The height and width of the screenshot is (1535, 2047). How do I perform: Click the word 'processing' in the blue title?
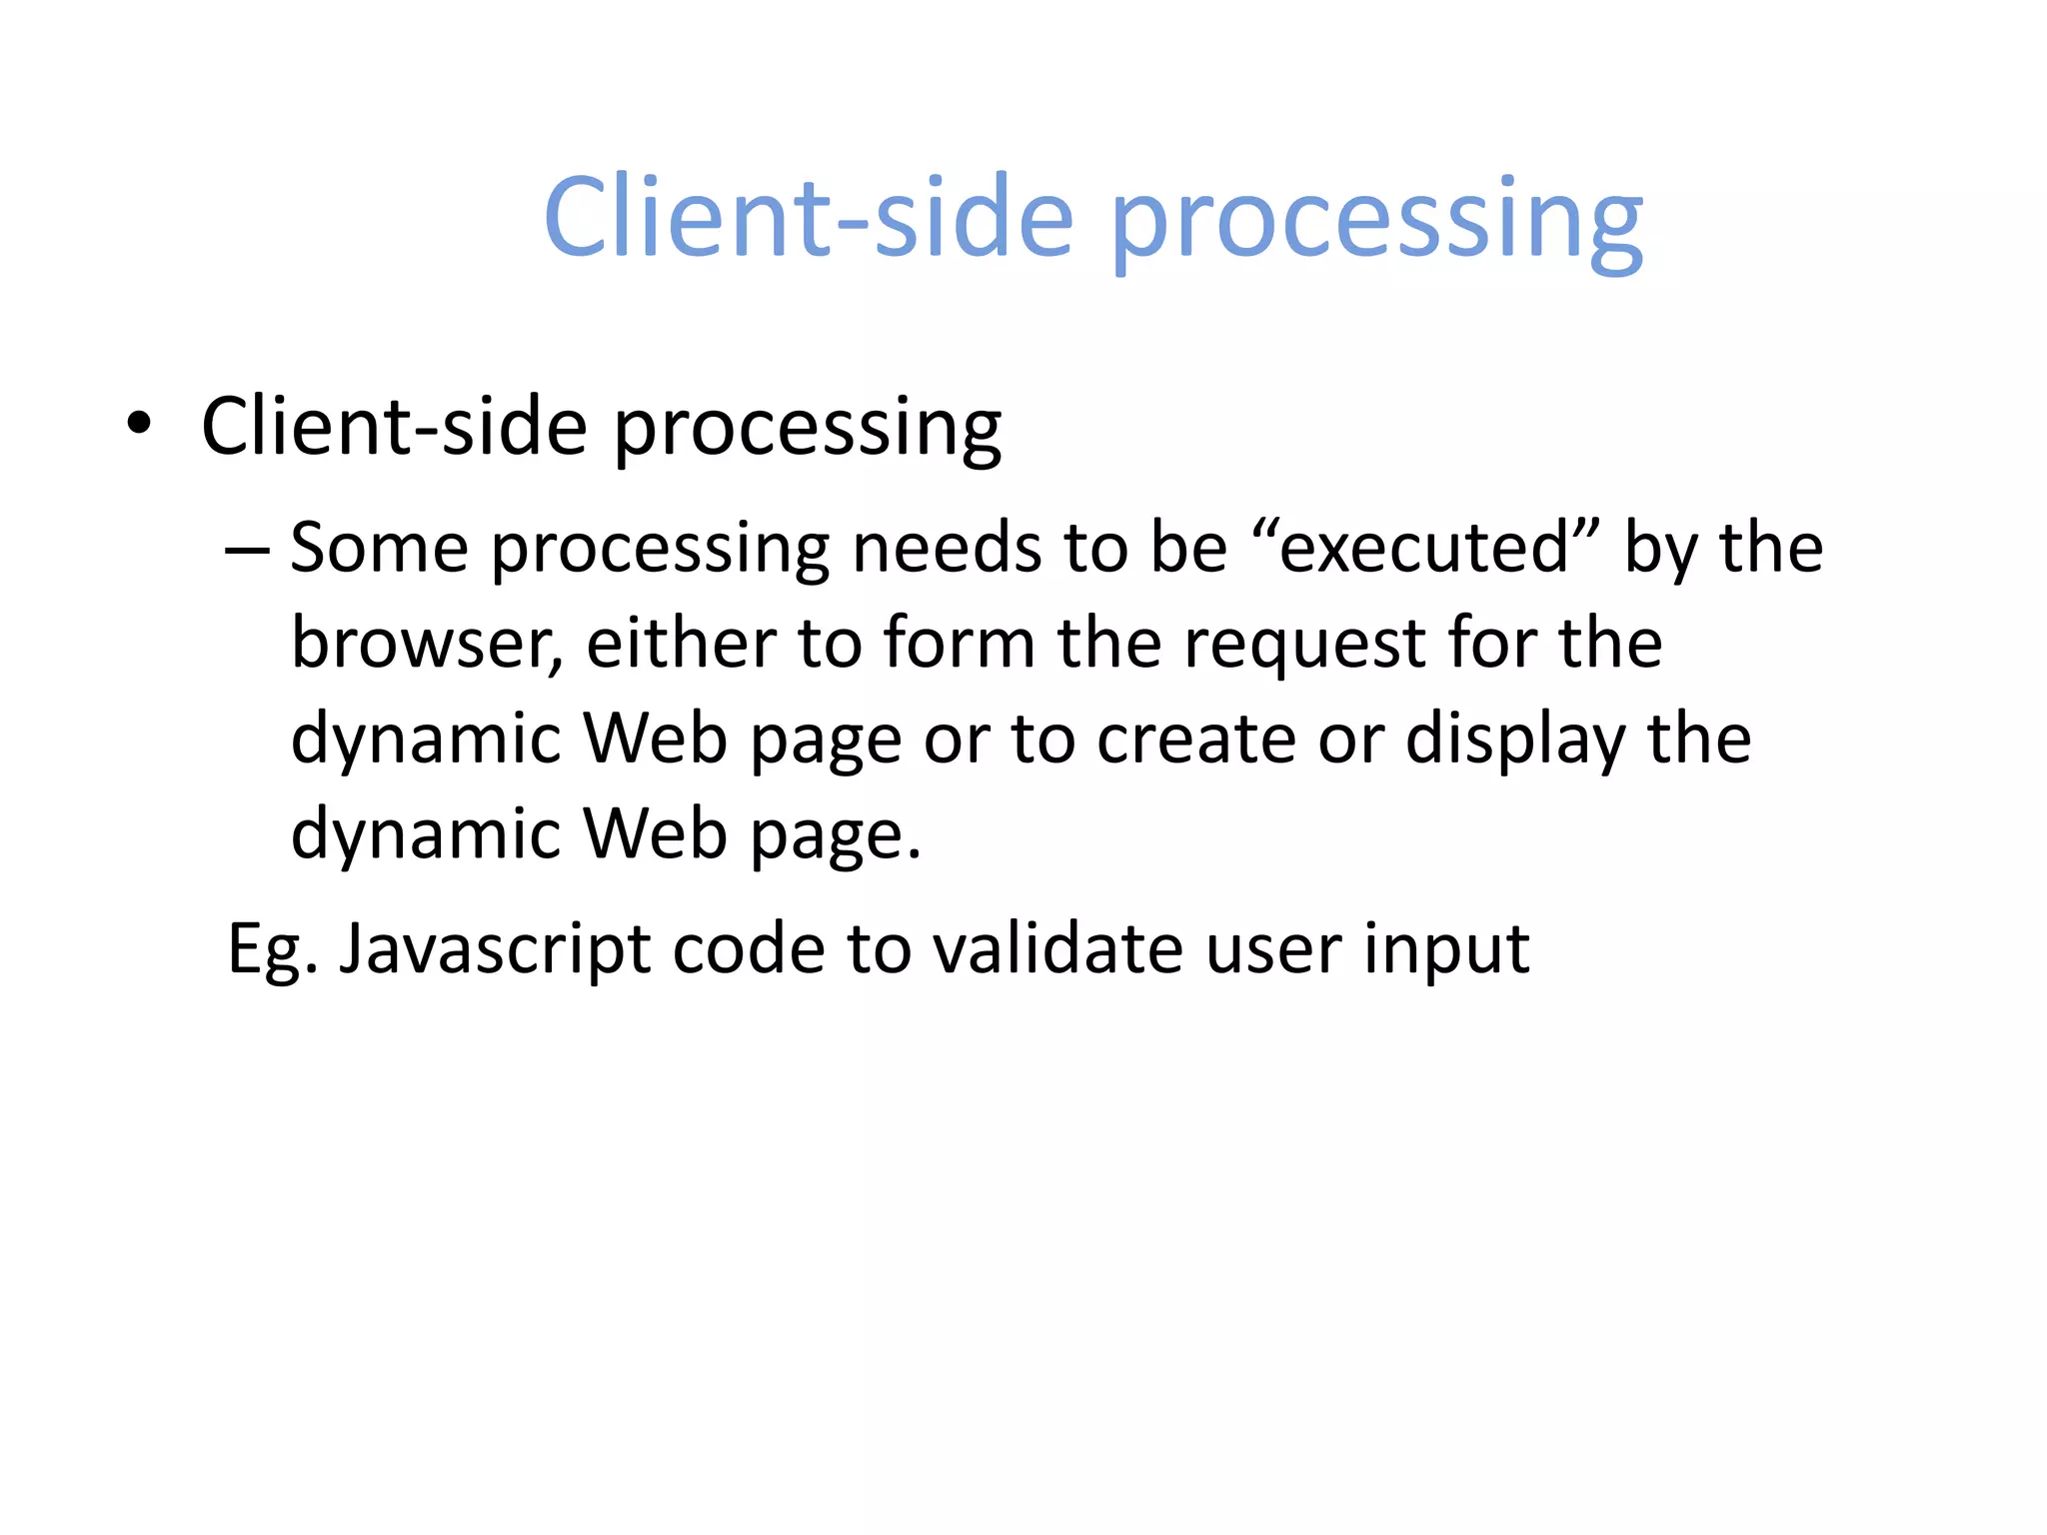1376,220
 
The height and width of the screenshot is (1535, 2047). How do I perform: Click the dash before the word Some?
247,550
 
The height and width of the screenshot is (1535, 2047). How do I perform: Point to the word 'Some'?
379,548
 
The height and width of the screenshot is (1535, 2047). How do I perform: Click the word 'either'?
680,644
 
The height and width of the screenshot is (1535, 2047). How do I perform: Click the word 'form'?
959,644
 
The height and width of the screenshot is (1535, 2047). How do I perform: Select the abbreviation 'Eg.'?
273,949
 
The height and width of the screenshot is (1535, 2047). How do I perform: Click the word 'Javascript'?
495,949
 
